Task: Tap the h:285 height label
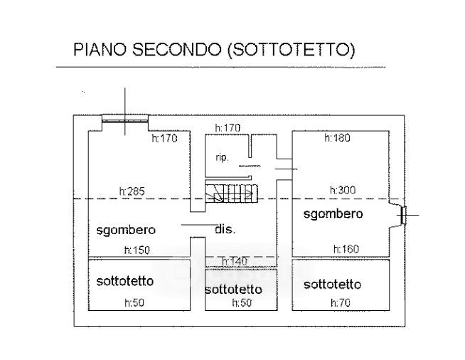(132, 191)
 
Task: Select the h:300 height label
(342, 191)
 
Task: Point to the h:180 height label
(337, 138)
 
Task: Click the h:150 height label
(136, 250)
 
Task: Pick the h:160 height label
(346, 249)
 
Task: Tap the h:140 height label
(234, 262)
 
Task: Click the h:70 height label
(341, 303)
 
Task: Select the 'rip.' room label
(221, 158)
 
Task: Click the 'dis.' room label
(225, 229)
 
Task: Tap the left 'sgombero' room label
(126, 230)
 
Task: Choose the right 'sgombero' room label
(333, 213)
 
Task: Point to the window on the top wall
(124, 119)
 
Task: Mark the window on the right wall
(402, 215)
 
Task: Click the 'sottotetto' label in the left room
(124, 282)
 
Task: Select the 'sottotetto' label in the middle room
(233, 290)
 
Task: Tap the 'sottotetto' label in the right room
(332, 285)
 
